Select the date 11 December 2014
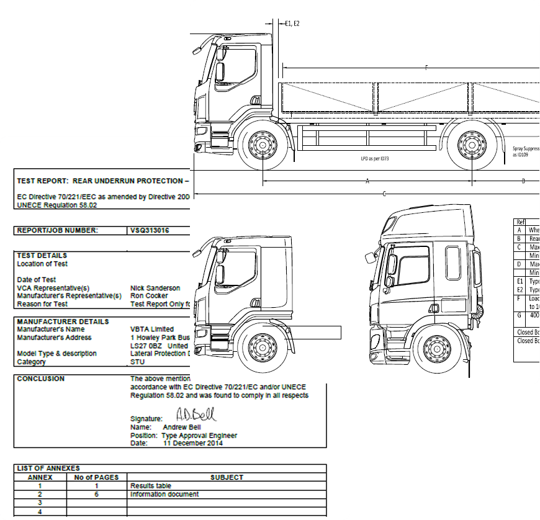[x=192, y=443]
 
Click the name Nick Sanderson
[x=155, y=288]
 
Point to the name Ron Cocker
[x=149, y=295]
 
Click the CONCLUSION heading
[x=40, y=378]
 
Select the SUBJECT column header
[x=227, y=477]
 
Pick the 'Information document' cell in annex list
[x=164, y=494]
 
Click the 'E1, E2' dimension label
[x=292, y=24]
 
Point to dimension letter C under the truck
[x=384, y=194]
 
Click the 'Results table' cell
[x=151, y=485]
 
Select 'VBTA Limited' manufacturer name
[x=152, y=329]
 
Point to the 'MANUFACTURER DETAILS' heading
[x=63, y=321]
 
